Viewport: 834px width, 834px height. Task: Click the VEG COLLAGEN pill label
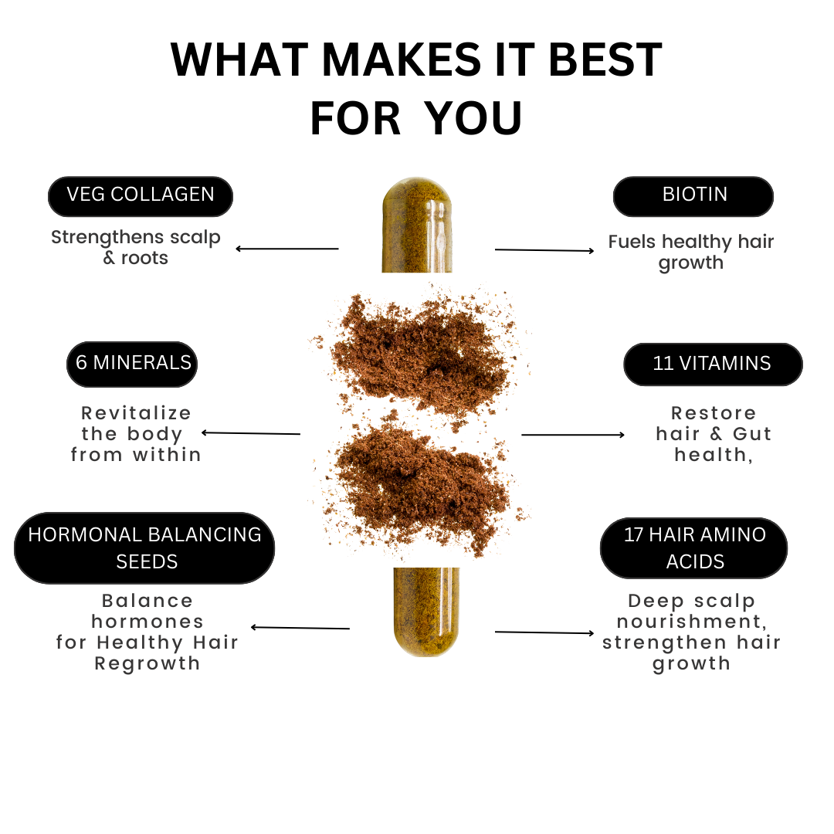(141, 196)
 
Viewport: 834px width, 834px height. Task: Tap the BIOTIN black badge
(693, 196)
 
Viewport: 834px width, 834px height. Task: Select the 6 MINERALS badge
(132, 364)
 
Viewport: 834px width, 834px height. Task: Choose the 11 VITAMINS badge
(713, 364)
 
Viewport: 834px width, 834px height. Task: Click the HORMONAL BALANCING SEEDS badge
(144, 548)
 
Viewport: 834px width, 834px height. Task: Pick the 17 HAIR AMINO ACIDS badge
(693, 548)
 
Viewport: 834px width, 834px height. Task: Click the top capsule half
(417, 225)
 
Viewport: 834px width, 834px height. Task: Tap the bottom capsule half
(426, 612)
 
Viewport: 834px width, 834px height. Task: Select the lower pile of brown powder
(423, 486)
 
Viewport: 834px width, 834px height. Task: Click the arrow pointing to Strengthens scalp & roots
(287, 249)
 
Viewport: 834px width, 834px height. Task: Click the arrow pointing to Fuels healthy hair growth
(544, 250)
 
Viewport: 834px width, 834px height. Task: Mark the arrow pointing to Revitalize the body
(251, 433)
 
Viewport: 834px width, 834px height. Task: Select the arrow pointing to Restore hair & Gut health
(573, 435)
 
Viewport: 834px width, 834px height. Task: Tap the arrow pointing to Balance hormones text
(300, 628)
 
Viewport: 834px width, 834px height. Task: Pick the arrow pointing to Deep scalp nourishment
(544, 632)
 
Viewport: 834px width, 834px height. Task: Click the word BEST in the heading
(605, 59)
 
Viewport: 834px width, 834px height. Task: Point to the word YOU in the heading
(474, 119)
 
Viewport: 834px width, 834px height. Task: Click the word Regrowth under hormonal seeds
(147, 664)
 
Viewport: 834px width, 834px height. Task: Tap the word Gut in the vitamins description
(752, 434)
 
